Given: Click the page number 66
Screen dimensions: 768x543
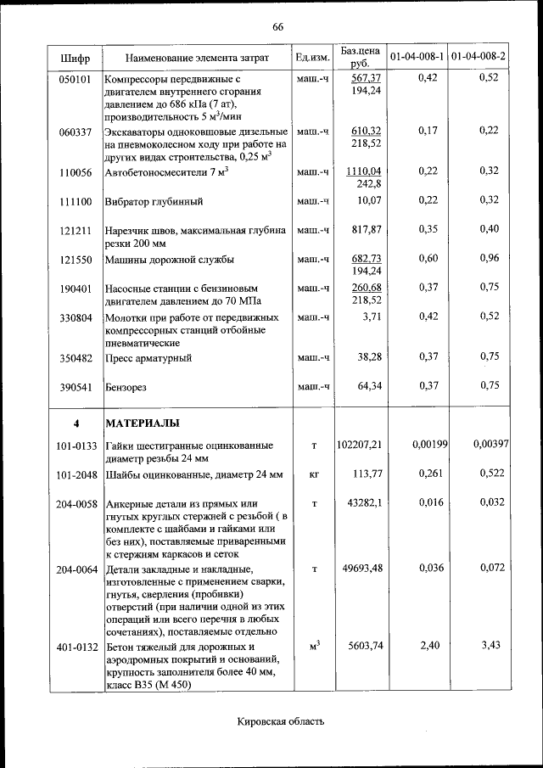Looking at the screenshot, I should point(277,26).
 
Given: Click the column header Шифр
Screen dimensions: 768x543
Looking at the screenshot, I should point(75,58).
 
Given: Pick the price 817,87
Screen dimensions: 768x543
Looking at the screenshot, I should point(366,230).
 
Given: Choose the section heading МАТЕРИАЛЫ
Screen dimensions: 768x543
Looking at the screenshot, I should point(142,423).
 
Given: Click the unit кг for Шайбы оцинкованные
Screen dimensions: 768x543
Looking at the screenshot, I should point(313,474).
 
